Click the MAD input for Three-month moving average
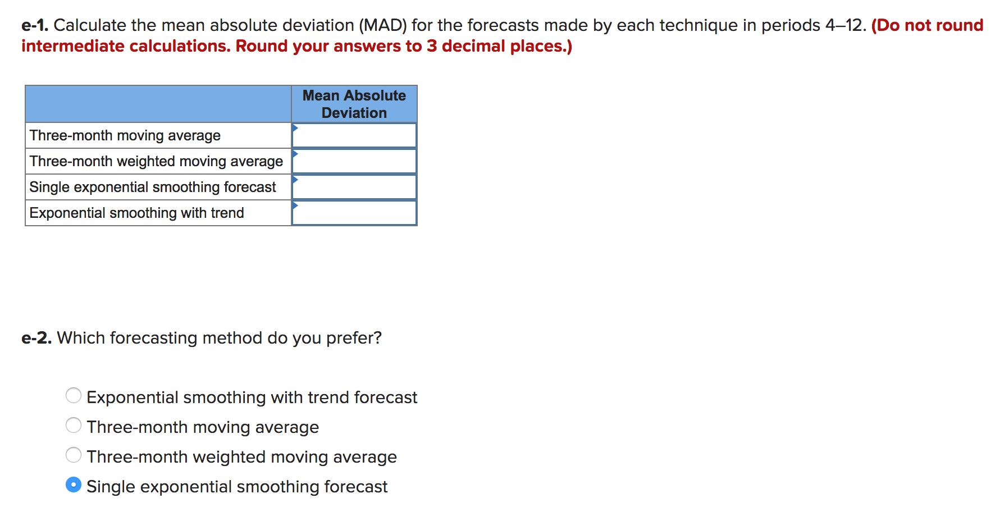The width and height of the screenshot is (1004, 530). click(x=354, y=135)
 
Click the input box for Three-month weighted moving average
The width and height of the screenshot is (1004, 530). click(x=354, y=161)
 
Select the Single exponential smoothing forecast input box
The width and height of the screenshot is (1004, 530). click(x=354, y=187)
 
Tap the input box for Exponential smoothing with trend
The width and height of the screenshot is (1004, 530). click(x=354, y=213)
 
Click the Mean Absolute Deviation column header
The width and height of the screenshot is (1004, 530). click(x=354, y=104)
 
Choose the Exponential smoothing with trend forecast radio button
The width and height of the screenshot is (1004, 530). click(x=74, y=396)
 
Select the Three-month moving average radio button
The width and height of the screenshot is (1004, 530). click(x=74, y=426)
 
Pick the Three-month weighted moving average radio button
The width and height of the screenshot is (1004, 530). click(x=74, y=455)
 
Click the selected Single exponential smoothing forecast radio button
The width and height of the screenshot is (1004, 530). click(x=74, y=485)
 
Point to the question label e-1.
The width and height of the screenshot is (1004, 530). click(x=35, y=25)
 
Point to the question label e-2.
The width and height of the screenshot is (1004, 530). click(x=36, y=338)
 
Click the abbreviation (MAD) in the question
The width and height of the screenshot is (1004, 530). click(x=382, y=25)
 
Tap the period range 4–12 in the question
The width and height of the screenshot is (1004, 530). click(x=845, y=25)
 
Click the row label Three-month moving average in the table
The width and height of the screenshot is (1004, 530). click(x=125, y=135)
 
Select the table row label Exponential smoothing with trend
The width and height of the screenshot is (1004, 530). click(x=136, y=213)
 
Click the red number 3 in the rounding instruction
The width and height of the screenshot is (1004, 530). click(x=431, y=46)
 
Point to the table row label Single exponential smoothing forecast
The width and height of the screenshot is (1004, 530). click(x=152, y=187)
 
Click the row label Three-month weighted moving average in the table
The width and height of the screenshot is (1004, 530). click(x=156, y=161)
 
